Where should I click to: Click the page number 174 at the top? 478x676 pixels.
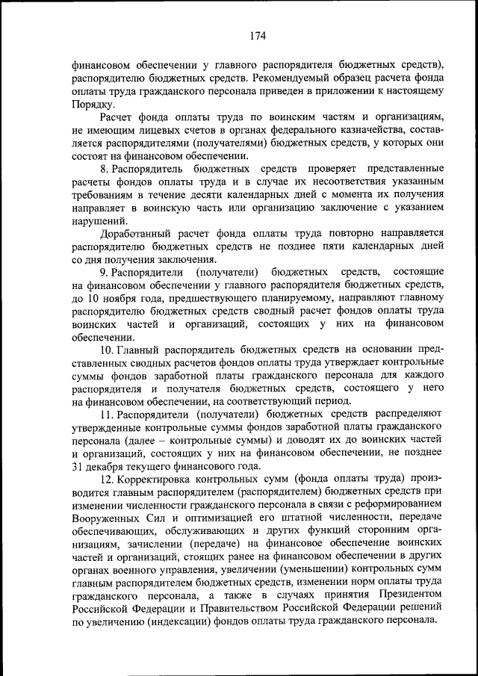[258, 35]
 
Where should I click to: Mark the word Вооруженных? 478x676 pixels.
[109, 520]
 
